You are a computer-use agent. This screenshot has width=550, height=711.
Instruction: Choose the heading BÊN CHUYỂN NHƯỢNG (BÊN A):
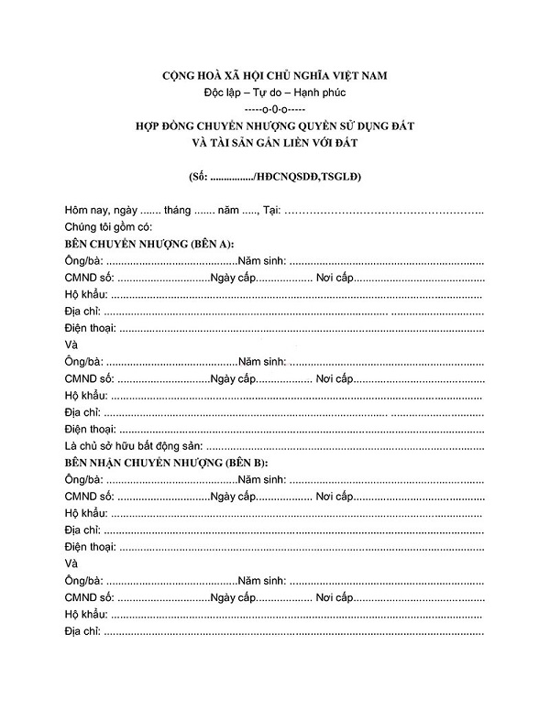(148, 245)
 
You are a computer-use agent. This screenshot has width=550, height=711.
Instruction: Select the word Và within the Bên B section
(71, 564)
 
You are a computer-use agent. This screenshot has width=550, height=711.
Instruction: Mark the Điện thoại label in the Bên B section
(90, 547)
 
